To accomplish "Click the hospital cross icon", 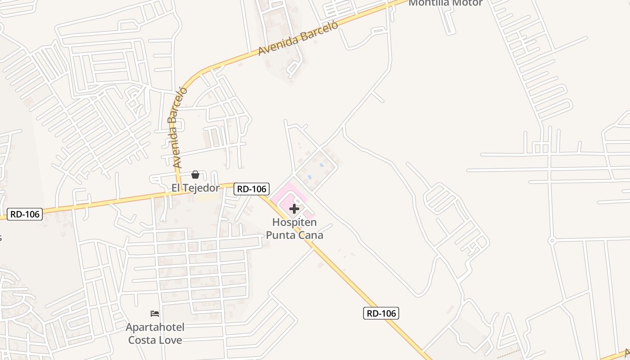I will pyautogui.click(x=294, y=209).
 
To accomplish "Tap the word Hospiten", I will pyautogui.click(x=294, y=222).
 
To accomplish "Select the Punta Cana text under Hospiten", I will pyautogui.click(x=294, y=234).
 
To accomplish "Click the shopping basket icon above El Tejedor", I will pyautogui.click(x=195, y=175).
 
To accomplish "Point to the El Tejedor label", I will pyautogui.click(x=195, y=188).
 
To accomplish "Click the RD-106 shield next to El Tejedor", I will pyautogui.click(x=252, y=189).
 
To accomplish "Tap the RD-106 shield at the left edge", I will pyautogui.click(x=25, y=214).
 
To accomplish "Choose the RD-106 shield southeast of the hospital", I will pyautogui.click(x=381, y=313).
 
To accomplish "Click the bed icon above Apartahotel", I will pyautogui.click(x=155, y=314).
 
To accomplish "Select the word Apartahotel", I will pyautogui.click(x=155, y=327).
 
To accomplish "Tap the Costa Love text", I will pyautogui.click(x=155, y=340).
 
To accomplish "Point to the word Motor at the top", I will pyautogui.click(x=468, y=3).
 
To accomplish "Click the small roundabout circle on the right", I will pyautogui.click(x=552, y=241).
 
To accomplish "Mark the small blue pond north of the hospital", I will pyautogui.click(x=321, y=165).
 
